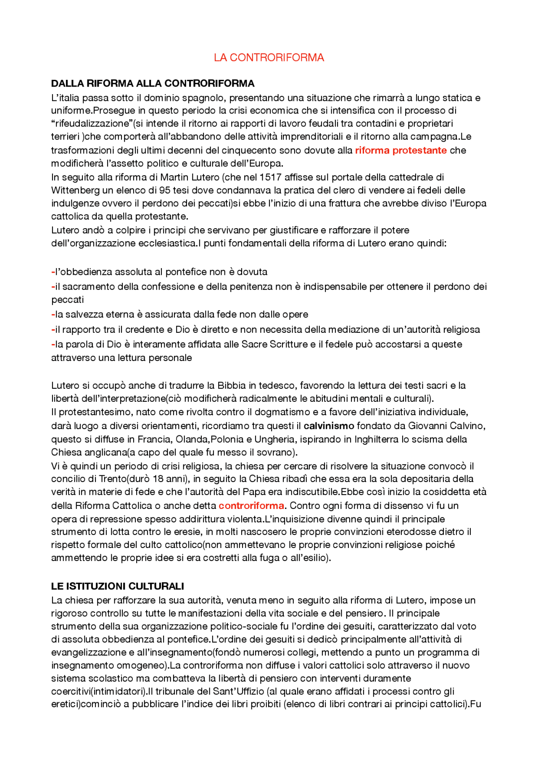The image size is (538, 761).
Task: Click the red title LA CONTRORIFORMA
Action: tap(269, 58)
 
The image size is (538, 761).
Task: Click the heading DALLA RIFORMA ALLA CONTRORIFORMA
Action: tap(153, 83)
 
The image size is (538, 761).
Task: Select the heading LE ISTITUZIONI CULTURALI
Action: tap(117, 586)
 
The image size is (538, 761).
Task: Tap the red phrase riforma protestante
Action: tap(401, 150)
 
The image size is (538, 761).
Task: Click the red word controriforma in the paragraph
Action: tap(251, 506)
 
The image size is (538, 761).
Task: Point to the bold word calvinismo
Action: tap(329, 426)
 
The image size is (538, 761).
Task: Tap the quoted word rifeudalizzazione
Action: tap(91, 124)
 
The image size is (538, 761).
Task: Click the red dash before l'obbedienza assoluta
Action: tap(53, 272)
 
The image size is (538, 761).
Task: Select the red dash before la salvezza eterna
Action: tap(53, 315)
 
